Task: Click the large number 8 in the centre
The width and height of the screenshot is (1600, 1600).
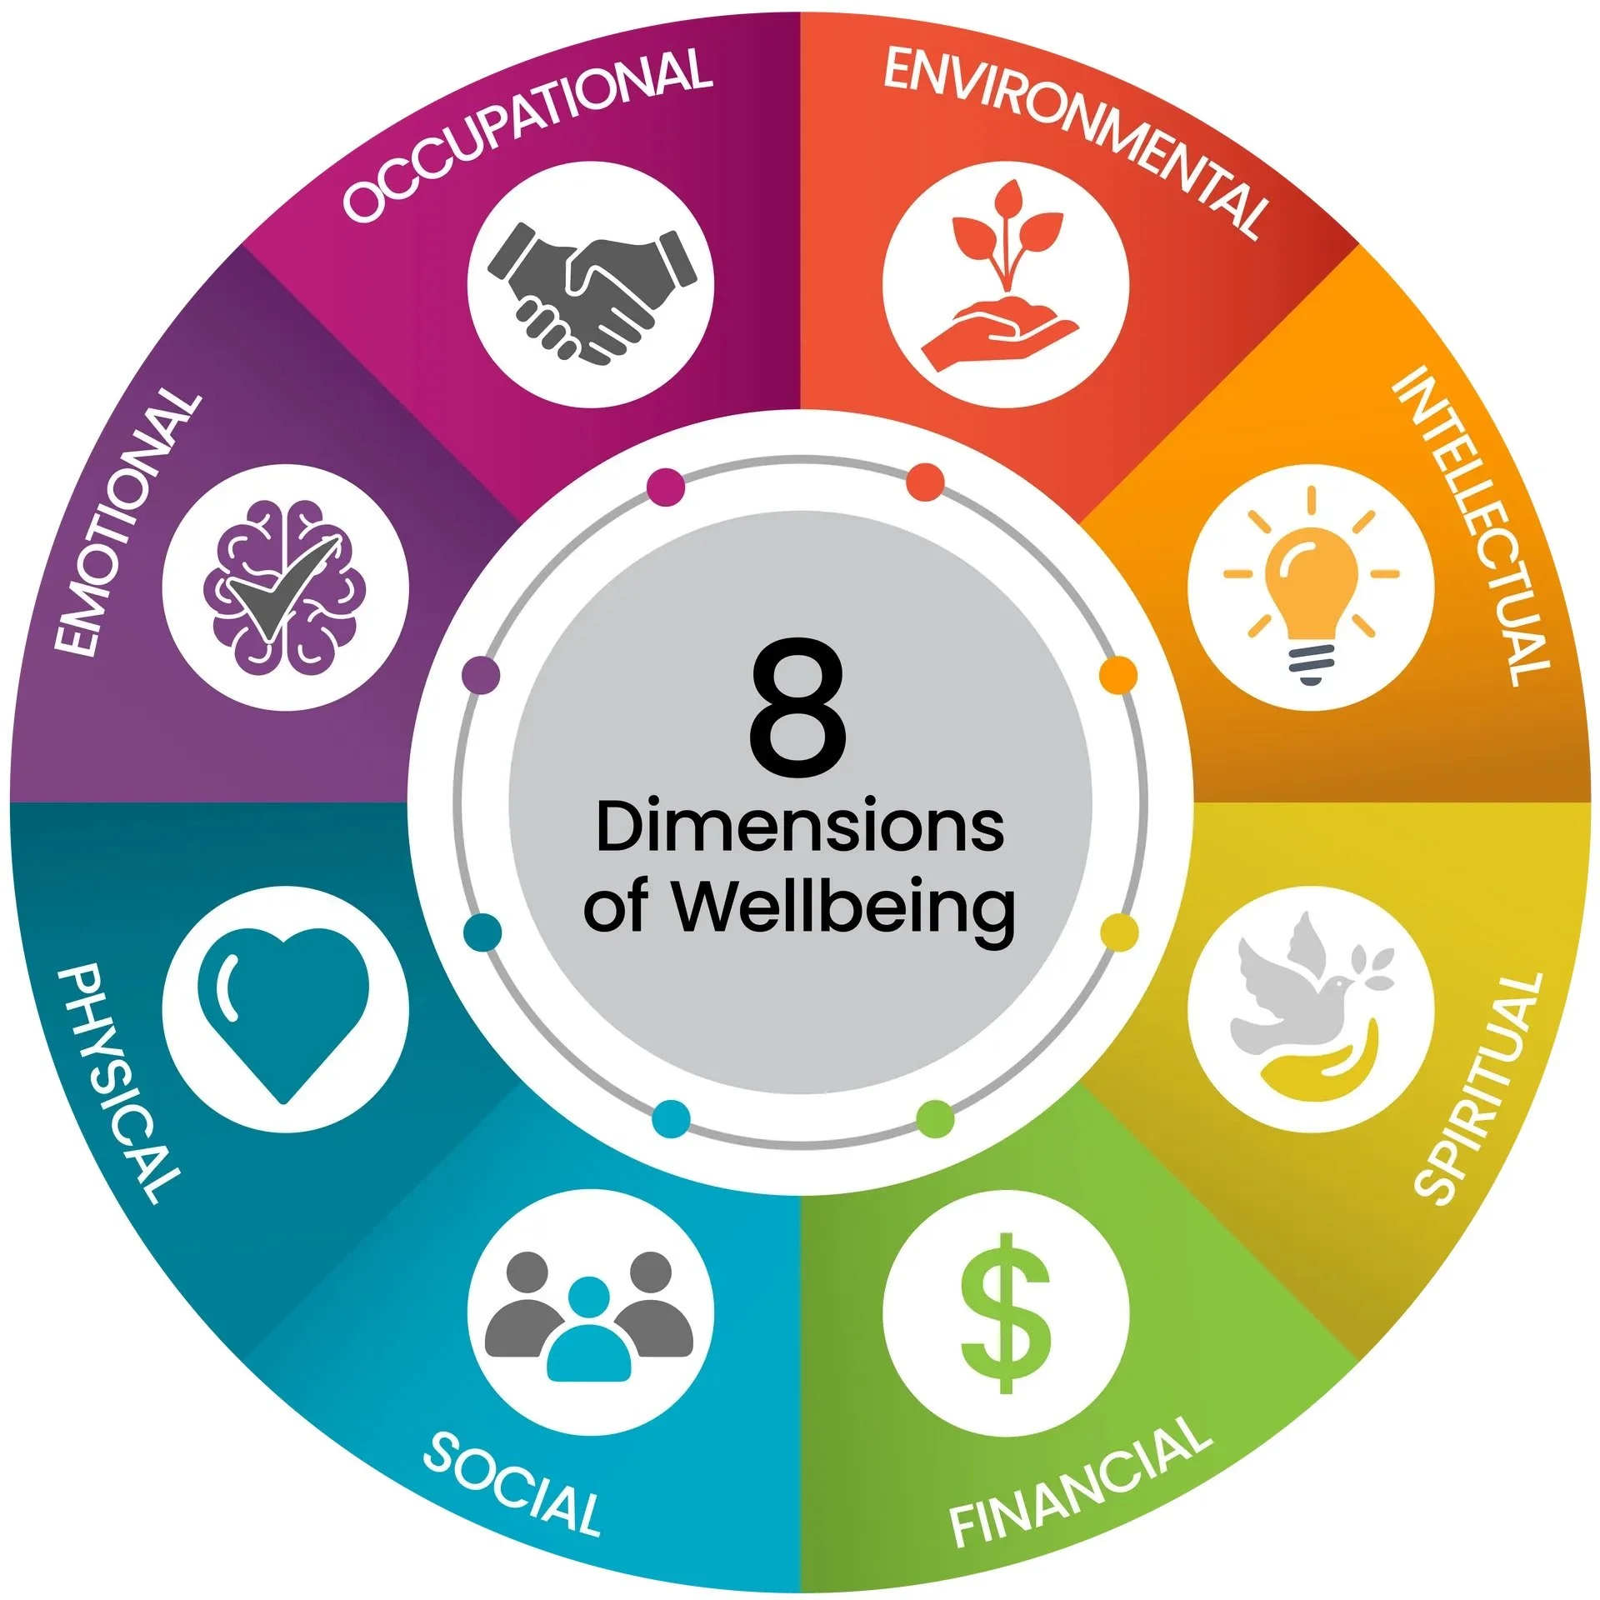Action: [798, 708]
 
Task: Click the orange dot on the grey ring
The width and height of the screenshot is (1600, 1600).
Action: [1118, 674]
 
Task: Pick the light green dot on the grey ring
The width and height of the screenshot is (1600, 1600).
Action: [935, 1117]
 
